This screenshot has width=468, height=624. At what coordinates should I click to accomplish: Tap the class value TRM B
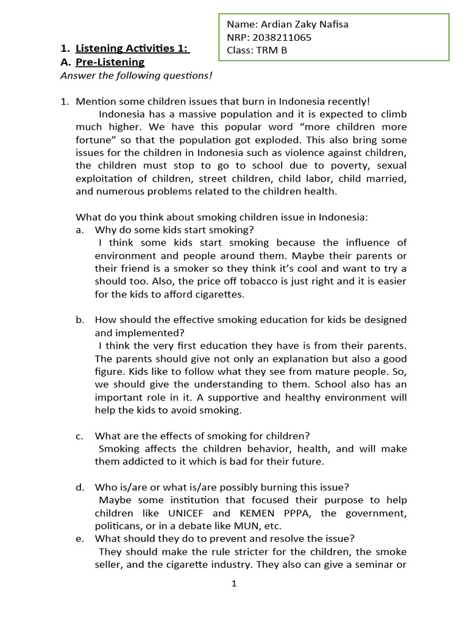(272, 50)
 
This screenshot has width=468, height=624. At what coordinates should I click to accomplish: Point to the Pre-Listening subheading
(110, 62)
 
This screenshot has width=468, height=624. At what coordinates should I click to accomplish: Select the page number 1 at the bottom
(234, 583)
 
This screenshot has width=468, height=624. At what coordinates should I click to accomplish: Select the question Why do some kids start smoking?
(174, 230)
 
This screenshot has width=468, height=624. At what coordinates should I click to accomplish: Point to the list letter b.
(79, 320)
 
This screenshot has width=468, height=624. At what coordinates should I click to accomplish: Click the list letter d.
(79, 487)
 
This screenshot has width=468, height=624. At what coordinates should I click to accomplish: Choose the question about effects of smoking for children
(202, 436)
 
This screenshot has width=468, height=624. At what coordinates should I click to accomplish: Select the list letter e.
(79, 539)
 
